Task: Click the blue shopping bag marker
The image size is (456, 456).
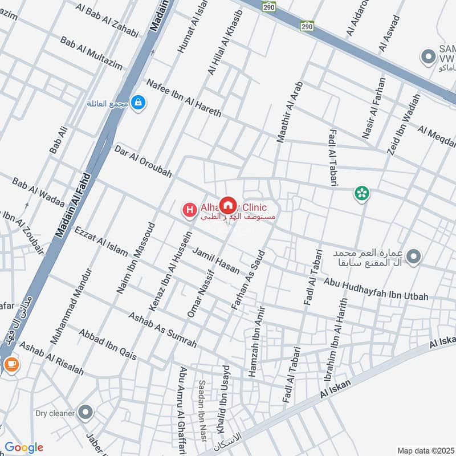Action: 138,103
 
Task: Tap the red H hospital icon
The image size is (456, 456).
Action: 189,210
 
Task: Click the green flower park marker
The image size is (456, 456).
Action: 361,194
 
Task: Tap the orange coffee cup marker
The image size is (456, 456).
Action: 10,364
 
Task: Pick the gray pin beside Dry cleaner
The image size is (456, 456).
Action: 85,412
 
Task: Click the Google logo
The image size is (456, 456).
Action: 23,447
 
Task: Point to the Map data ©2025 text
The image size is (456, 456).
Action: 425,451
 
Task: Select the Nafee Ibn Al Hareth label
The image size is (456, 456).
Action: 184,98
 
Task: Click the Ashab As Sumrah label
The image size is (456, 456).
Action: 162,330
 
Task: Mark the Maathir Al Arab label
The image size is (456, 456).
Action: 288,111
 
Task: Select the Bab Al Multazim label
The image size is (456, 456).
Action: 91,54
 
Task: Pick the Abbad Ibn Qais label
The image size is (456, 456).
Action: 108,344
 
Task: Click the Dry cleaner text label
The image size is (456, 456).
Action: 55,413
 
